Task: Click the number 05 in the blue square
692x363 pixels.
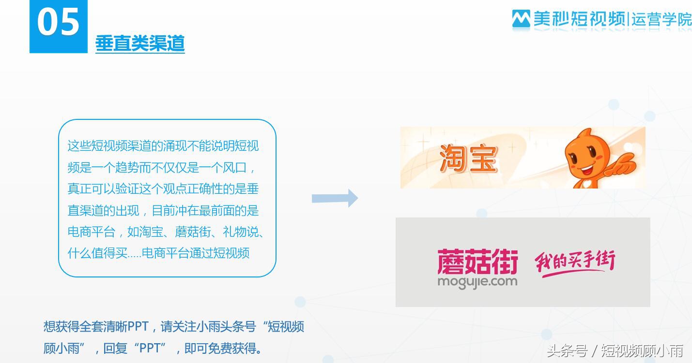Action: pyautogui.click(x=58, y=22)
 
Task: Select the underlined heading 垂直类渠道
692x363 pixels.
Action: pyautogui.click(x=140, y=44)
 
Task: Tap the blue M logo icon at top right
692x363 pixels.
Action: pyautogui.click(x=521, y=19)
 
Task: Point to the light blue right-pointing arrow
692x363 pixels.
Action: pyautogui.click(x=335, y=198)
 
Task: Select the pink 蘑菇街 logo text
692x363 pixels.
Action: pyautogui.click(x=477, y=261)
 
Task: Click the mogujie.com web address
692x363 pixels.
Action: pyautogui.click(x=477, y=281)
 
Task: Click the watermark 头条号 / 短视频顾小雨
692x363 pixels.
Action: pyautogui.click(x=615, y=350)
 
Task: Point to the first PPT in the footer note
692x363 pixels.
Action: pyautogui.click(x=138, y=327)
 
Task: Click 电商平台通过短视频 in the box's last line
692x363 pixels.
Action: pyautogui.click(x=196, y=253)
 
